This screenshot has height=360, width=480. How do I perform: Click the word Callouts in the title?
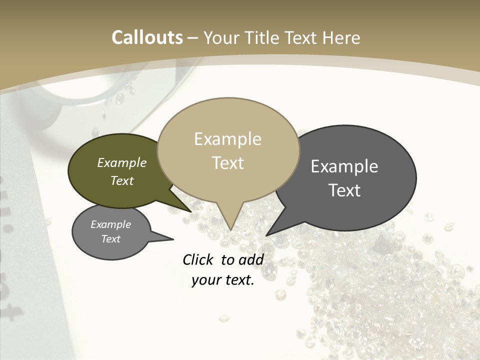(x=147, y=37)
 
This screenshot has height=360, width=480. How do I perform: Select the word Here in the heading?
(x=341, y=37)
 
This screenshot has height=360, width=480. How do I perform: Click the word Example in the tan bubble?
(x=227, y=139)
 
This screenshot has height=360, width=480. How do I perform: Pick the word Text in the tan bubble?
(x=227, y=163)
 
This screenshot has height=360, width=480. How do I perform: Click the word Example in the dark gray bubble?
(x=344, y=166)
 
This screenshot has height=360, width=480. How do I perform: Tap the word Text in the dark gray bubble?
(x=344, y=190)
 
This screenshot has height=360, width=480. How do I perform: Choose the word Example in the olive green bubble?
(x=122, y=162)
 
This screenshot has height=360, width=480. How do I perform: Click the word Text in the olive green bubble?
(x=122, y=180)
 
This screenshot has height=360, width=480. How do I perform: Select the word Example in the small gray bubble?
(x=111, y=224)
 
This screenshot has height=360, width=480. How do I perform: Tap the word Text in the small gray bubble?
(x=111, y=239)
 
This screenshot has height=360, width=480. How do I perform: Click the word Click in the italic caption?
(x=199, y=259)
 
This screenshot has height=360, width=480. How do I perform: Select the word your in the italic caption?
(x=205, y=280)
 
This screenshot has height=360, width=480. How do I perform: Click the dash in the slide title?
(x=193, y=37)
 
